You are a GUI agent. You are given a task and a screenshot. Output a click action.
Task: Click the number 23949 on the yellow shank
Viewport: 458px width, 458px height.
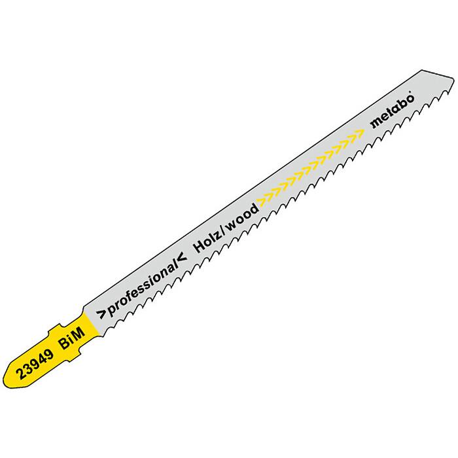35,364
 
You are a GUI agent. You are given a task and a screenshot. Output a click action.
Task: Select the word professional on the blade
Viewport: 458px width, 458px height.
142,288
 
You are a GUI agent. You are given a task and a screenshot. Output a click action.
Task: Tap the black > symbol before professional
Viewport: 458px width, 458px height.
101,315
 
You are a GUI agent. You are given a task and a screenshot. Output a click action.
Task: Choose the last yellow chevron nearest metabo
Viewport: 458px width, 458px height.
359,133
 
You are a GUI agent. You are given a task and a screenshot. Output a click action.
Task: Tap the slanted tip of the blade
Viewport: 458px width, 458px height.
453,79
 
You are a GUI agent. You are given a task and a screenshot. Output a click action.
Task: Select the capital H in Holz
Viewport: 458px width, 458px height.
199,247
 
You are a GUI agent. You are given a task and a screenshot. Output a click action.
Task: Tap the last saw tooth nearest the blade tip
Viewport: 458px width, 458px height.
447,92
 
